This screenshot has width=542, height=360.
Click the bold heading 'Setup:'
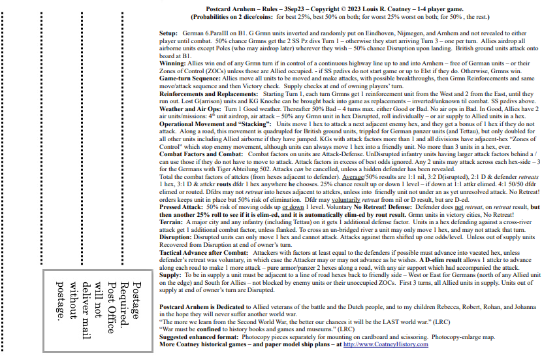(x=168, y=32)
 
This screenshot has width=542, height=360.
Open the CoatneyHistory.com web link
(x=385, y=344)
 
